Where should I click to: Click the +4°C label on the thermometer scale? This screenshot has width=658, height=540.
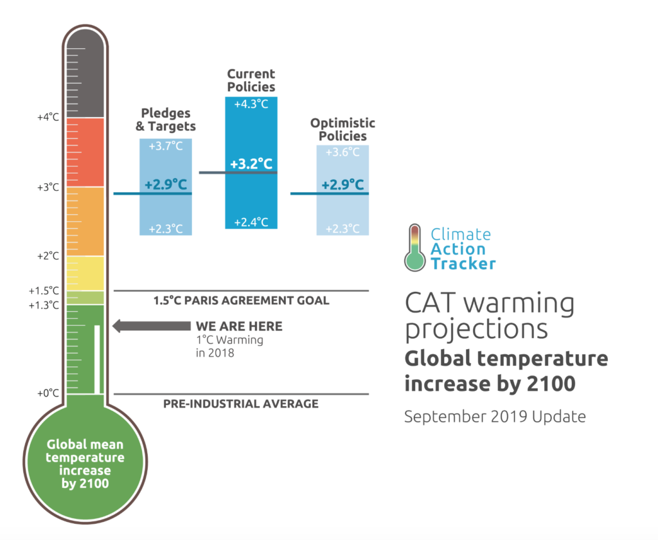pyautogui.click(x=48, y=117)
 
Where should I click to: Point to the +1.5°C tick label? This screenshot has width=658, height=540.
pyautogui.click(x=44, y=291)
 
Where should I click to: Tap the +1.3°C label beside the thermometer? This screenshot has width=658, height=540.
pyautogui.click(x=44, y=305)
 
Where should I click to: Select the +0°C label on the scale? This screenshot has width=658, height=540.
pyautogui.click(x=48, y=393)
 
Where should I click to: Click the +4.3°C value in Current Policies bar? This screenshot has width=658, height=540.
pyautogui.click(x=251, y=104)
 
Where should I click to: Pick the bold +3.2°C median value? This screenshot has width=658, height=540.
pyautogui.click(x=251, y=163)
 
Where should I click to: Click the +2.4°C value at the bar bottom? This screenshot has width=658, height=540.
pyautogui.click(x=251, y=222)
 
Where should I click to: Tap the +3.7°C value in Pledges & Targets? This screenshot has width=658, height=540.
pyautogui.click(x=166, y=146)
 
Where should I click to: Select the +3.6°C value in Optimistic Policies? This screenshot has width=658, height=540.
pyautogui.click(x=342, y=152)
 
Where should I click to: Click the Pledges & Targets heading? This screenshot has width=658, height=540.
pyautogui.click(x=166, y=120)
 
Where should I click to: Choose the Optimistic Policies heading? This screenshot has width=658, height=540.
pyautogui.click(x=342, y=129)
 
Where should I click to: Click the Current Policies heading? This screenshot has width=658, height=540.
pyautogui.click(x=251, y=80)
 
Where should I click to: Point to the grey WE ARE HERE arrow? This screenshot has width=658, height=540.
pyautogui.click(x=152, y=326)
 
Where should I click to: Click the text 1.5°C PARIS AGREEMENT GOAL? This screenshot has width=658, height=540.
pyautogui.click(x=242, y=301)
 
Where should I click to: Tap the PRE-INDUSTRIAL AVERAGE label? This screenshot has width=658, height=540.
pyautogui.click(x=241, y=404)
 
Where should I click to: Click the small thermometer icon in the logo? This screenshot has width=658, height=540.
pyautogui.click(x=415, y=248)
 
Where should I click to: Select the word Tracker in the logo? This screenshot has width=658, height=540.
pyautogui.click(x=463, y=264)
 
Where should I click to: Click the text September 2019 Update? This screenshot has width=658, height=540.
pyautogui.click(x=495, y=417)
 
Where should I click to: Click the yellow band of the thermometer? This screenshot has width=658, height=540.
pyautogui.click(x=85, y=273)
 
